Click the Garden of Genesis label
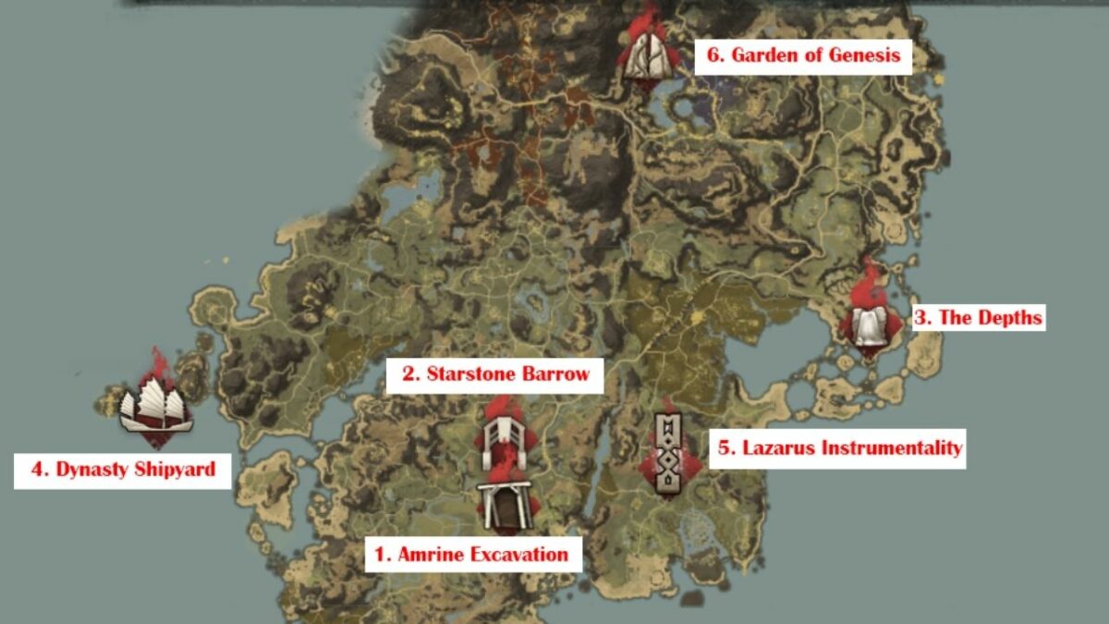coord(802,55)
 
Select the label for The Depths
coord(978,318)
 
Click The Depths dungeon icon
coord(869,324)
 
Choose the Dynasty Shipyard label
coord(123,470)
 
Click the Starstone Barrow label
coord(495,375)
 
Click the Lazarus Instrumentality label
coord(840,448)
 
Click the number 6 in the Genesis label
coord(713,55)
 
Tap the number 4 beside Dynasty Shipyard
coord(38,470)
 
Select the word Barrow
coord(555,375)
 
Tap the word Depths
coord(1008,318)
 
